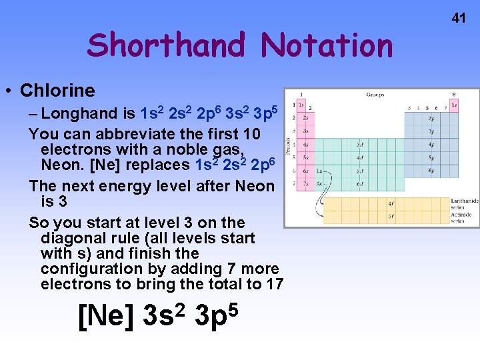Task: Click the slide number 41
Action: [x=459, y=18]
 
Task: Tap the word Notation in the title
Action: [x=327, y=45]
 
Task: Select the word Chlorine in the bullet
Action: [x=57, y=90]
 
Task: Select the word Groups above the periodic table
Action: [x=375, y=95]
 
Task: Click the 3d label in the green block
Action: [x=360, y=144]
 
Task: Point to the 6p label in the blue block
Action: [x=431, y=171]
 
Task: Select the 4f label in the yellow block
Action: [x=391, y=203]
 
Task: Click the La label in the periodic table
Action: [x=320, y=171]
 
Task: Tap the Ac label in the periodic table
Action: [x=320, y=184]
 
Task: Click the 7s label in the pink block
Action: [x=305, y=184]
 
